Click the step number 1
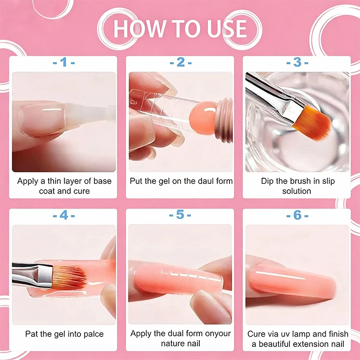64,62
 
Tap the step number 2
180,62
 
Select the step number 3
297,62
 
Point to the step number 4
64,215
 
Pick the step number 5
180,215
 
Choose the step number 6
297,215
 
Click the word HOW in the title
139,29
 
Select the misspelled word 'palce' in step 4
93,334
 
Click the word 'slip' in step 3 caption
328,181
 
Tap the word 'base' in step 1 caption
103,181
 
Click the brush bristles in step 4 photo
69,278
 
